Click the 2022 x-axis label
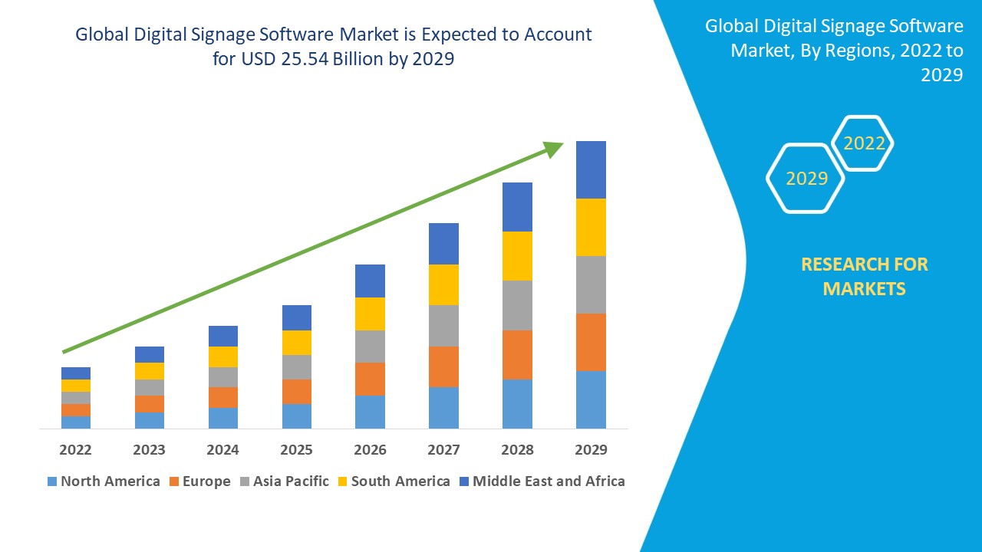click(75, 449)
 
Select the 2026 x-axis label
click(370, 449)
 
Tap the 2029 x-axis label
click(591, 449)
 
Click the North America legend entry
click(104, 481)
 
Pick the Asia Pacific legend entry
click(285, 481)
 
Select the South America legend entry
click(393, 481)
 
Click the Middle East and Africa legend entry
click(542, 481)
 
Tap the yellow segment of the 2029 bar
click(591, 227)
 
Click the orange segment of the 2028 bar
click(517, 354)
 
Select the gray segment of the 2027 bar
click(443, 326)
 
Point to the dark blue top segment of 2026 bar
click(370, 281)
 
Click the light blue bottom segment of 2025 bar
click(297, 416)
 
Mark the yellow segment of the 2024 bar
click(223, 356)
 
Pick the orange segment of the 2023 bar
click(150, 404)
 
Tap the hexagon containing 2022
click(864, 143)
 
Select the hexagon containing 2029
click(806, 178)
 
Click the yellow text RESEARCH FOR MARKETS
click(864, 276)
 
